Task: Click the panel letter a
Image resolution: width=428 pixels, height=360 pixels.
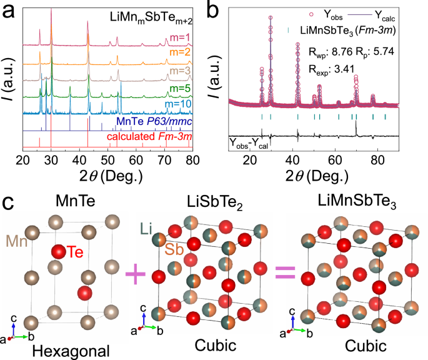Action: click(x=9, y=11)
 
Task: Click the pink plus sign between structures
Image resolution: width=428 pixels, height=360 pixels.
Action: click(x=133, y=273)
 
